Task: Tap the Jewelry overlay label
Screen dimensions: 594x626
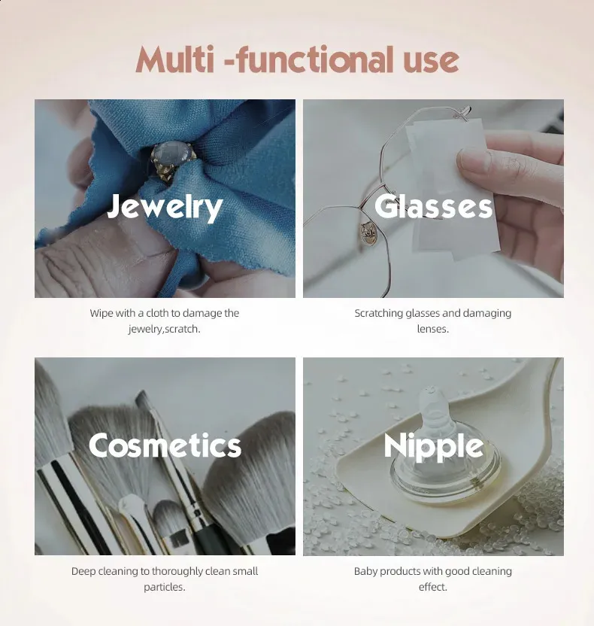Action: pos(165,207)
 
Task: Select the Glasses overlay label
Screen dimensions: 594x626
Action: pos(433,206)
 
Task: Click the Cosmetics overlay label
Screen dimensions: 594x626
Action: pos(165,445)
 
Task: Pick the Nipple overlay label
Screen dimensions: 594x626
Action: pos(434,447)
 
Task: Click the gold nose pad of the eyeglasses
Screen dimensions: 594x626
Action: pos(367,232)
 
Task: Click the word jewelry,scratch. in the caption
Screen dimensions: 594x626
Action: pos(164,330)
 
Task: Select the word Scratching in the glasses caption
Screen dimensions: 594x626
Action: pos(378,314)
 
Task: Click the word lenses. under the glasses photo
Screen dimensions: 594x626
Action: pos(433,329)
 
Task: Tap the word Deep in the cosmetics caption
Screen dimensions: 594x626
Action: pos(83,571)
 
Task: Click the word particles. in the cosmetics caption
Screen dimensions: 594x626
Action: pos(165,588)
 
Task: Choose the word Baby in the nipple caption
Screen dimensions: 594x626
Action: pos(365,571)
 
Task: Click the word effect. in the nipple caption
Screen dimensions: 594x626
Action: pos(433,587)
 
